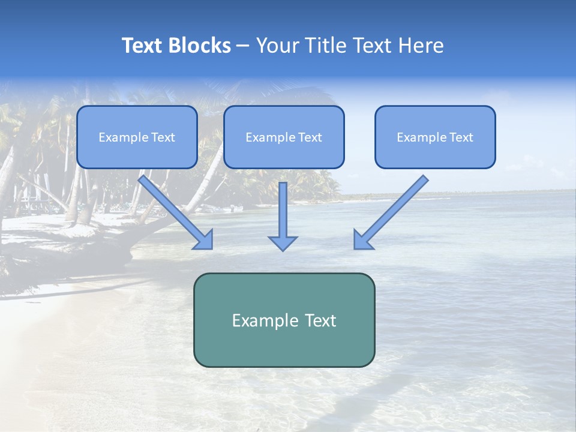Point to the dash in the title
point(243,46)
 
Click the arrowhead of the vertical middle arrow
point(283,242)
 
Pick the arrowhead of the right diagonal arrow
point(362,240)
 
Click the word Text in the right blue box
point(461,137)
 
